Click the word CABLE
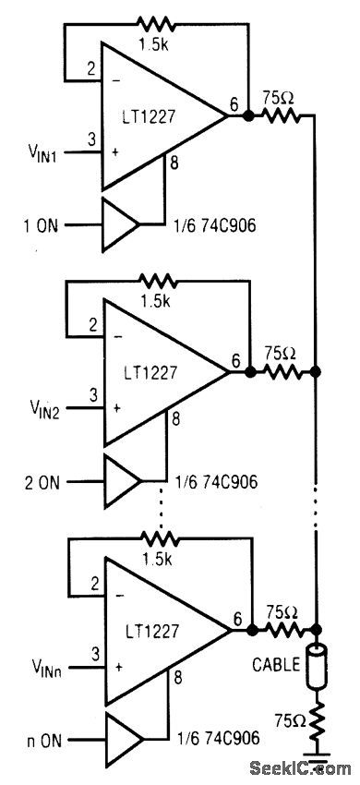point(275,662)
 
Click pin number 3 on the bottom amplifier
point(92,654)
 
